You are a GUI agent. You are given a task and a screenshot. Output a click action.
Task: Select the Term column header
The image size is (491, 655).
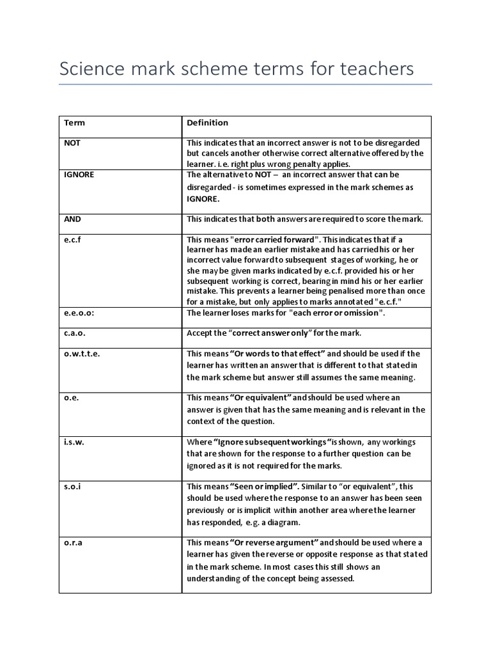click(74, 123)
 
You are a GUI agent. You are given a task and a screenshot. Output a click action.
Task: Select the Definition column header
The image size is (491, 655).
click(207, 123)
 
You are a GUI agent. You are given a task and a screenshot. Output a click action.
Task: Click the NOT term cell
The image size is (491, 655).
click(72, 143)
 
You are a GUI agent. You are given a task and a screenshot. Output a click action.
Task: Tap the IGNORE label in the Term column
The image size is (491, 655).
click(79, 174)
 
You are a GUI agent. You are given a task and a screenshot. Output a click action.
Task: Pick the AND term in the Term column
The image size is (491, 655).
click(72, 219)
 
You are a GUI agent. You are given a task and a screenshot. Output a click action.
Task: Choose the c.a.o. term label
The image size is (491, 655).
click(75, 333)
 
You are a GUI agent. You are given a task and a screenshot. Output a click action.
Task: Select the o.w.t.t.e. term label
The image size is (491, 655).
click(82, 353)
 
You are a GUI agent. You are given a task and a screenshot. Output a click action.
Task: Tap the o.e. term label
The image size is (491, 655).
click(71, 397)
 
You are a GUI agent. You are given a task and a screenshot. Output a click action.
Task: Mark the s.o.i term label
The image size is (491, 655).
click(72, 486)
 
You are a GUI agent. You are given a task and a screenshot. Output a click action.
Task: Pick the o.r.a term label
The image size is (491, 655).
click(73, 542)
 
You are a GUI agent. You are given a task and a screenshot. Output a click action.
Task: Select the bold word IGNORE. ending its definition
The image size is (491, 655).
click(203, 199)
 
